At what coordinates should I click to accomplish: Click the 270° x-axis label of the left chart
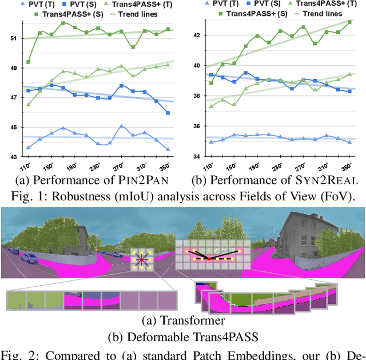[120, 166]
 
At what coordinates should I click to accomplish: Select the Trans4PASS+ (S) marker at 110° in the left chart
[29, 62]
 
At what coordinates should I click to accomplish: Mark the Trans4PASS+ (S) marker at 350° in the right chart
[349, 22]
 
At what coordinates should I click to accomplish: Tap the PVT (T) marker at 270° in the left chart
[121, 126]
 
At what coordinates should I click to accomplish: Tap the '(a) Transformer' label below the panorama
[182, 321]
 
